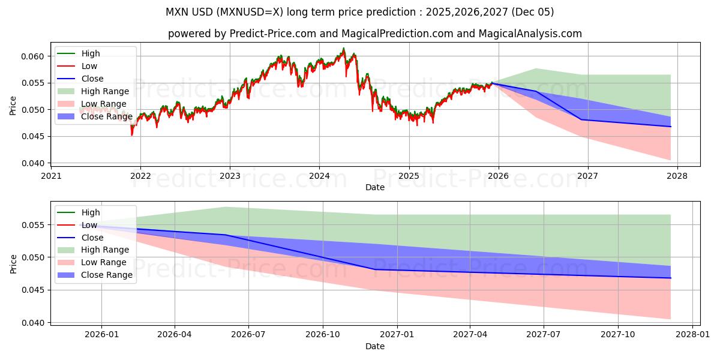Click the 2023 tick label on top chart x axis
[230, 176]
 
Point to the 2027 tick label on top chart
[587, 176]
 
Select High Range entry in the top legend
[105, 91]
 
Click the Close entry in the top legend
[92, 79]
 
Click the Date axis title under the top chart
[375, 187]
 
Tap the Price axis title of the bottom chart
[13, 263]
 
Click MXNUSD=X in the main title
[257, 12]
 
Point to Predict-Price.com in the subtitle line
[273, 34]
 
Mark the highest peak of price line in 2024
[343, 49]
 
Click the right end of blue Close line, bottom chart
[670, 278]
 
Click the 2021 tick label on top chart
[51, 176]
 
